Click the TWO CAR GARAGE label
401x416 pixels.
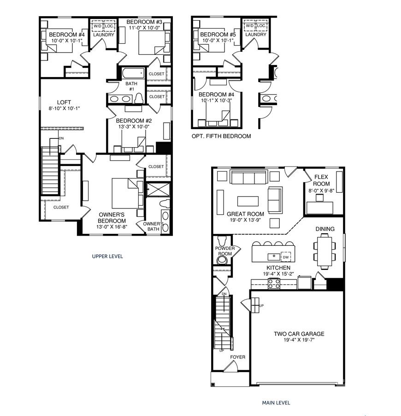(x=299, y=334)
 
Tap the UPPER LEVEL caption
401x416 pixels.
(x=107, y=256)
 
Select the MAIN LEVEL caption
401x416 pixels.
(x=276, y=403)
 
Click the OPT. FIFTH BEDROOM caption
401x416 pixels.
(x=221, y=136)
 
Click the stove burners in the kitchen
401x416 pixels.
(x=274, y=284)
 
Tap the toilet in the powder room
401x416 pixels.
(x=223, y=241)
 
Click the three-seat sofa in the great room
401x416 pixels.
(x=248, y=177)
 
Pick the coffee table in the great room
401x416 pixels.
(x=248, y=201)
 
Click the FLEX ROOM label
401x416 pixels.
(x=322, y=180)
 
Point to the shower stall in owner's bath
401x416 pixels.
(x=157, y=189)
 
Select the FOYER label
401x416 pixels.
(x=238, y=357)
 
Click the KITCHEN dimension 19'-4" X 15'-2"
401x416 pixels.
(x=278, y=274)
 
